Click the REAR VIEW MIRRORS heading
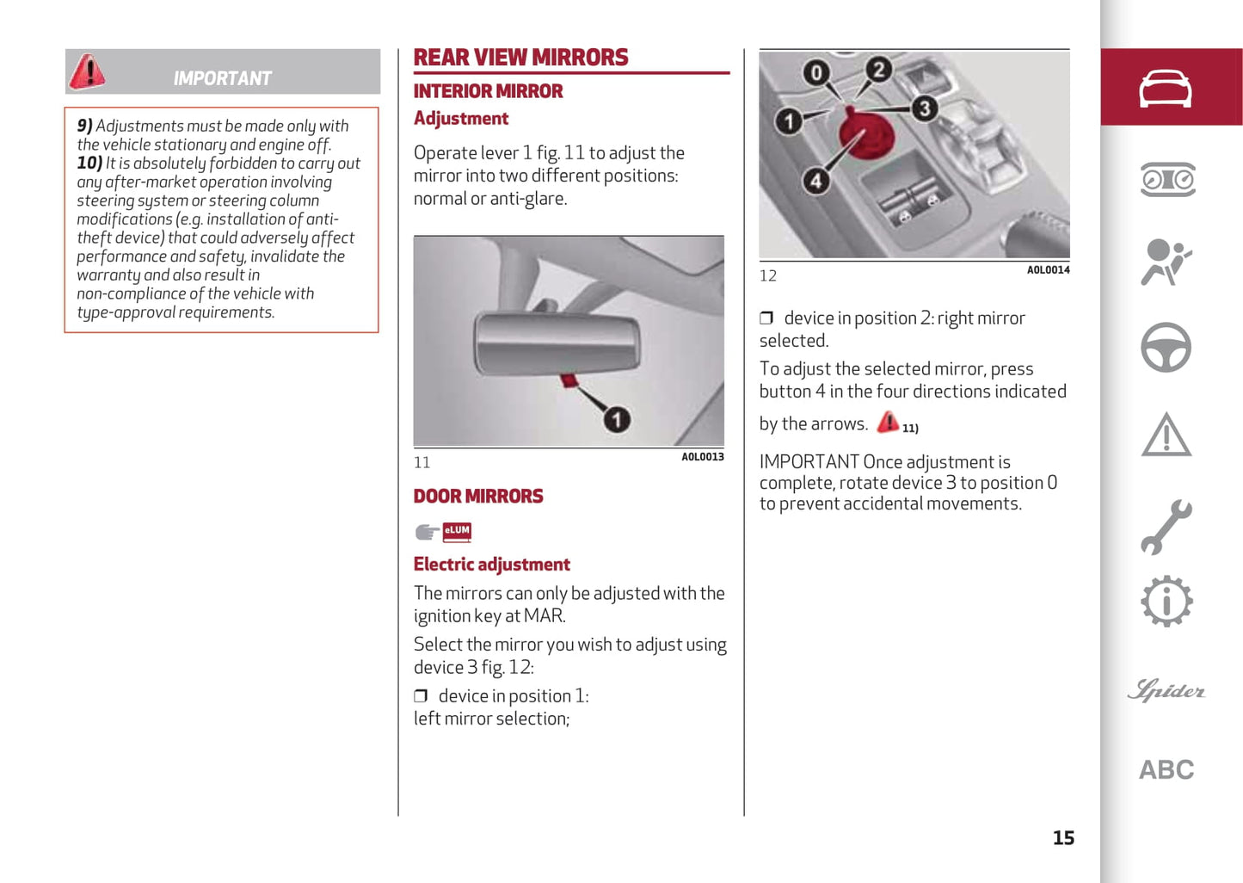click(x=520, y=58)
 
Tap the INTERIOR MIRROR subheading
click(x=488, y=91)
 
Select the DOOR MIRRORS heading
click(x=478, y=497)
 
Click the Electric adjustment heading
click(x=491, y=565)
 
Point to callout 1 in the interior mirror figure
click(x=616, y=420)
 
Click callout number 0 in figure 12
click(x=815, y=73)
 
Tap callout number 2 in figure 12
click(x=878, y=69)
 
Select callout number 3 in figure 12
click(x=924, y=108)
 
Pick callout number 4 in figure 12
click(x=815, y=181)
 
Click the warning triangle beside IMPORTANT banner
click(x=87, y=71)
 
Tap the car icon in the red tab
click(x=1166, y=88)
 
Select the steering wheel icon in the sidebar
click(x=1166, y=348)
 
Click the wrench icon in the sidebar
click(x=1166, y=526)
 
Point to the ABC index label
click(x=1166, y=769)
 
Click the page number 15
click(x=1063, y=838)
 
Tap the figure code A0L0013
click(x=702, y=457)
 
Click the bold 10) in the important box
click(x=89, y=164)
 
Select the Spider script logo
click(x=1166, y=690)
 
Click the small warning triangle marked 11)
click(x=888, y=422)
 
